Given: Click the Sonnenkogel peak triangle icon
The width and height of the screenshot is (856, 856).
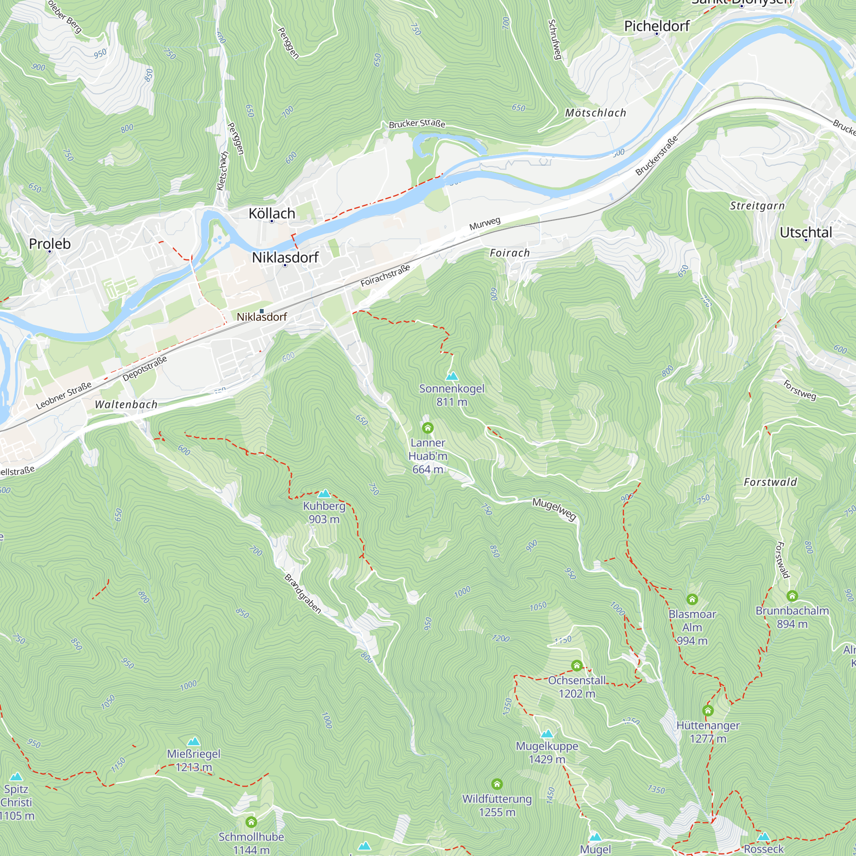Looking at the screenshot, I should [452, 376].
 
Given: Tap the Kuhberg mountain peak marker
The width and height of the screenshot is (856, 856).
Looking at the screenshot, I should [324, 493].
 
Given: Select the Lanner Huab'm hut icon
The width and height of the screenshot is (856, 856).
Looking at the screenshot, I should [428, 428].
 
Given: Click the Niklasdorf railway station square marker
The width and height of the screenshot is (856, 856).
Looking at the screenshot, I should [262, 311].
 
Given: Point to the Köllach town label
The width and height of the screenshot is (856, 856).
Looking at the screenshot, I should [272, 213].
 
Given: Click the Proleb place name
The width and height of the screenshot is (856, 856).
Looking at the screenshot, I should [50, 244].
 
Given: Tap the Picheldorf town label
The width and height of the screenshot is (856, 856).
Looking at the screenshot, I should [657, 26].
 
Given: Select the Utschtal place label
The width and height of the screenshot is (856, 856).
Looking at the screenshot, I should [805, 232].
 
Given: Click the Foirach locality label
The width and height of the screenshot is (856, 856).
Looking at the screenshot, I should [509, 253].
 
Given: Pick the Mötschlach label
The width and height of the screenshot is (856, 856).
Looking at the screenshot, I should [595, 113].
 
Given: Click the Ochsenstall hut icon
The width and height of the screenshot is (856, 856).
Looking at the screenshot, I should [577, 666].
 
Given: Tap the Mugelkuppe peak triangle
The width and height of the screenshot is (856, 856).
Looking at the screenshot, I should [547, 734].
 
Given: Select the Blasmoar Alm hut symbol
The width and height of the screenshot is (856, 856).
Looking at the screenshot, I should [692, 600].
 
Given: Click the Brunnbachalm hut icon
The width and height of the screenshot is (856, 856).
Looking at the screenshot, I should [792, 596].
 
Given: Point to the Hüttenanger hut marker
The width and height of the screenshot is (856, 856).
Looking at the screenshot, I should [708, 710].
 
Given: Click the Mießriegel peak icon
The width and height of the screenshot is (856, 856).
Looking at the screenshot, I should [193, 742].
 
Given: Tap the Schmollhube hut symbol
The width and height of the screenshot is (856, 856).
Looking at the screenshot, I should [251, 822].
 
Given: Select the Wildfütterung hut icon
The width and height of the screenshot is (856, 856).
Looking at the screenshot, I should [497, 784].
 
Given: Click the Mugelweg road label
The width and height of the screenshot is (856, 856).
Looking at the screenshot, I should [554, 509].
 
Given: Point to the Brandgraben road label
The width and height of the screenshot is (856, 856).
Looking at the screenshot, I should [303, 594].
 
